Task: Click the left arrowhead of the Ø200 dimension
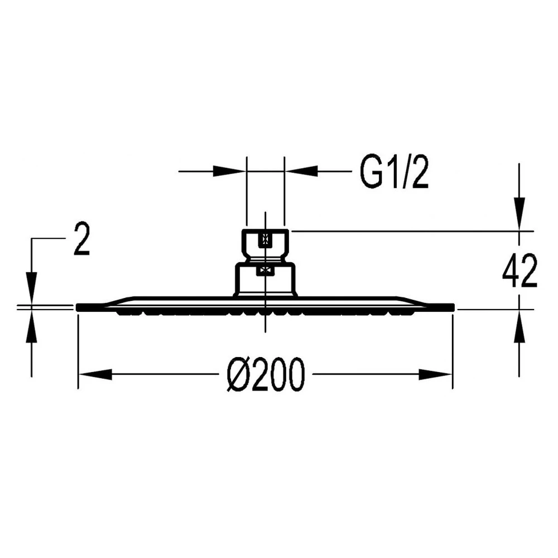pos(95,374)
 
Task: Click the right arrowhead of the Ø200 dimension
pos(435,374)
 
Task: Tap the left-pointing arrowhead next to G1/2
pos(302,171)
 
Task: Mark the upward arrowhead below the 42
pos(519,326)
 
